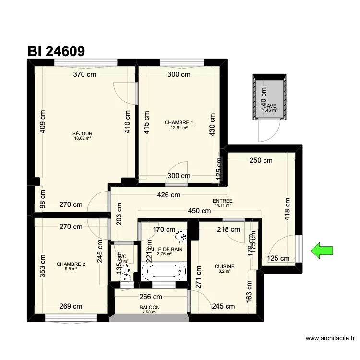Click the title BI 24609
pyautogui.click(x=56, y=51)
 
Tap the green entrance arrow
pyautogui.click(x=322, y=250)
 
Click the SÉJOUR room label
pyautogui.click(x=83, y=133)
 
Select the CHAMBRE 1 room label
pyautogui.click(x=179, y=123)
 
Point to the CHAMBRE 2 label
pyautogui.click(x=71, y=264)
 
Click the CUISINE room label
pyautogui.click(x=225, y=266)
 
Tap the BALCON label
pyautogui.click(x=150, y=308)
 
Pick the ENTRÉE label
pyautogui.click(x=223, y=201)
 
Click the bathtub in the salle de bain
pyautogui.click(x=164, y=270)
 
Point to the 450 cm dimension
pyautogui.click(x=199, y=210)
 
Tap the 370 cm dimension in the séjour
pyautogui.click(x=85, y=74)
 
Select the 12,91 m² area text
pyautogui.click(x=179, y=128)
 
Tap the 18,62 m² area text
pyautogui.click(x=83, y=138)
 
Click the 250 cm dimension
pyautogui.click(x=261, y=160)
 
